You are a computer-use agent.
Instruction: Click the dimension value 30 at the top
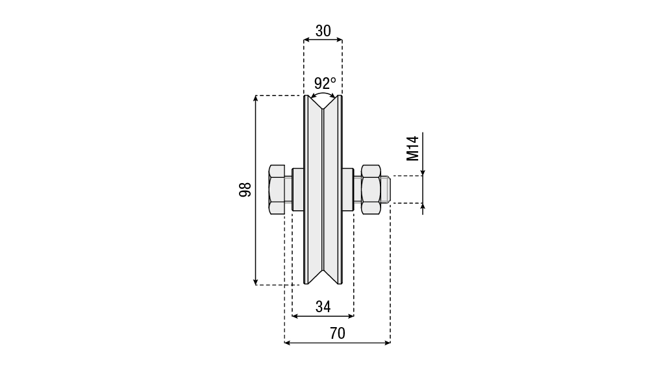[x=323, y=31]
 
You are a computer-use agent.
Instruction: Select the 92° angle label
[x=325, y=83]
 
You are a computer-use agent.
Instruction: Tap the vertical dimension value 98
[x=245, y=190]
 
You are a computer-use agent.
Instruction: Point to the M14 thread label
[x=412, y=148]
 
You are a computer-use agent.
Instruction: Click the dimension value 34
[x=323, y=307]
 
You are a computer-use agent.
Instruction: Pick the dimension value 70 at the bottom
[x=338, y=334]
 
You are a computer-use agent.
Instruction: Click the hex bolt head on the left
[x=277, y=190]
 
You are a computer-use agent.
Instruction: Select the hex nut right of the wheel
[x=371, y=190]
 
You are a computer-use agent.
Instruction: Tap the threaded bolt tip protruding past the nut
[x=385, y=190]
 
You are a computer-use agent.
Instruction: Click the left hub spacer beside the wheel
[x=298, y=190]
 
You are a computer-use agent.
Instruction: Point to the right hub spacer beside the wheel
[x=348, y=190]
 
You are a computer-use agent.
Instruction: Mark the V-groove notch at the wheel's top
[x=323, y=103]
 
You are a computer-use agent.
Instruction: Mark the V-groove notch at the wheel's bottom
[x=323, y=276]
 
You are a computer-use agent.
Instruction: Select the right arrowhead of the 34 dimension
[x=351, y=316]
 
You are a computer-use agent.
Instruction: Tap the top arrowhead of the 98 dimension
[x=255, y=99]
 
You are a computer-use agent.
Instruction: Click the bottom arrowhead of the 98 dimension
[x=255, y=282]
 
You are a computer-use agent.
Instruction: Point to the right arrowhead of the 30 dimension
[x=339, y=40]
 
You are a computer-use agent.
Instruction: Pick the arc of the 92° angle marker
[x=323, y=93]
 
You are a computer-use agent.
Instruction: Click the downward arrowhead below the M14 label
[x=423, y=172]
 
